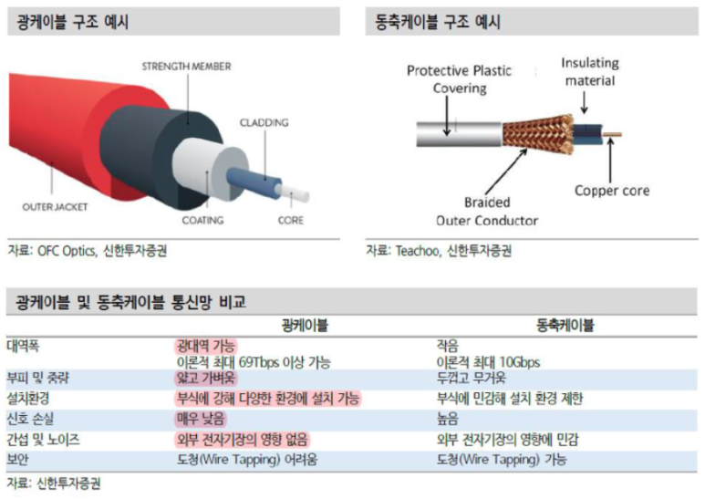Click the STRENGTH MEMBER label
(x=187, y=67)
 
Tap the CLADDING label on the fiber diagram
(x=264, y=123)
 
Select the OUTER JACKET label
(x=55, y=207)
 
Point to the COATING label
(x=202, y=220)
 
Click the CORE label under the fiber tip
(x=290, y=220)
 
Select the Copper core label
(x=612, y=191)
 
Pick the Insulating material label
(x=590, y=72)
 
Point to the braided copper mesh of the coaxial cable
(x=538, y=133)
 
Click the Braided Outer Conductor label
(x=487, y=212)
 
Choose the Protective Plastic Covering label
(x=459, y=79)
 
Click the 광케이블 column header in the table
(x=305, y=325)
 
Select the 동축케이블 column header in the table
(x=565, y=325)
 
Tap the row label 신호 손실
(x=30, y=419)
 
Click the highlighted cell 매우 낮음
(x=201, y=419)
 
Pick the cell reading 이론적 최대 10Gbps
(x=488, y=362)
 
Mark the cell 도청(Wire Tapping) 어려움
(x=247, y=460)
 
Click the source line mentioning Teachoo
(x=439, y=250)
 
